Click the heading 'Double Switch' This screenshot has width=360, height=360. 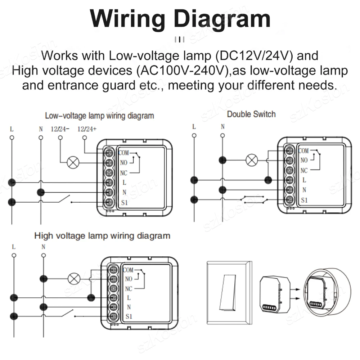pyautogui.click(x=251, y=114)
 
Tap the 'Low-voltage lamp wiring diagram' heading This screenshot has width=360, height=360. pyautogui.click(x=99, y=116)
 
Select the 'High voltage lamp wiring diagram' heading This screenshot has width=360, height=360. pyautogui.click(x=102, y=236)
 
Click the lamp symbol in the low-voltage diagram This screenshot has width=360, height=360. pyautogui.click(x=73, y=162)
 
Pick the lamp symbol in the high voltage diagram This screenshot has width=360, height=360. pyautogui.click(x=74, y=278)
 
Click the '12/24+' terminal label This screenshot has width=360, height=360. pyautogui.click(x=87, y=129)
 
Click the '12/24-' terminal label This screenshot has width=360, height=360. pyautogui.click(x=60, y=129)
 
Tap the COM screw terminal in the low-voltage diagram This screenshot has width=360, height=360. pyautogui.click(x=109, y=153)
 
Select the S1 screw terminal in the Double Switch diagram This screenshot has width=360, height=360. pyautogui.click(x=289, y=199)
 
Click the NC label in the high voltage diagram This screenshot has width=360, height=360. pyautogui.click(x=129, y=289)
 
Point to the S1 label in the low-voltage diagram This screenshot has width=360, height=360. pyautogui.click(x=124, y=203)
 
